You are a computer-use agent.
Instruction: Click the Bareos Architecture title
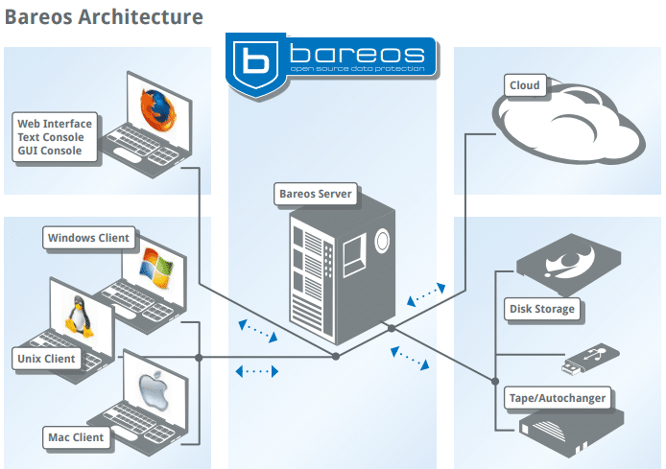click(104, 16)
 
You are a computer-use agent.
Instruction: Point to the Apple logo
click(154, 390)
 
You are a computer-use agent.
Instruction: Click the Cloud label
click(525, 85)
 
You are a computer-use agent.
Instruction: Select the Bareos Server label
click(315, 194)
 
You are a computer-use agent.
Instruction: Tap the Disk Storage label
click(542, 309)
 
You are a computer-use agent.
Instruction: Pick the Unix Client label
click(47, 359)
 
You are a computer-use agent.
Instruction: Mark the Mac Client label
click(76, 437)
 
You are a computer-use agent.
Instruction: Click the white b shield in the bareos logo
click(255, 63)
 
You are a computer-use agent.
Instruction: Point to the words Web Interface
click(55, 123)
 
